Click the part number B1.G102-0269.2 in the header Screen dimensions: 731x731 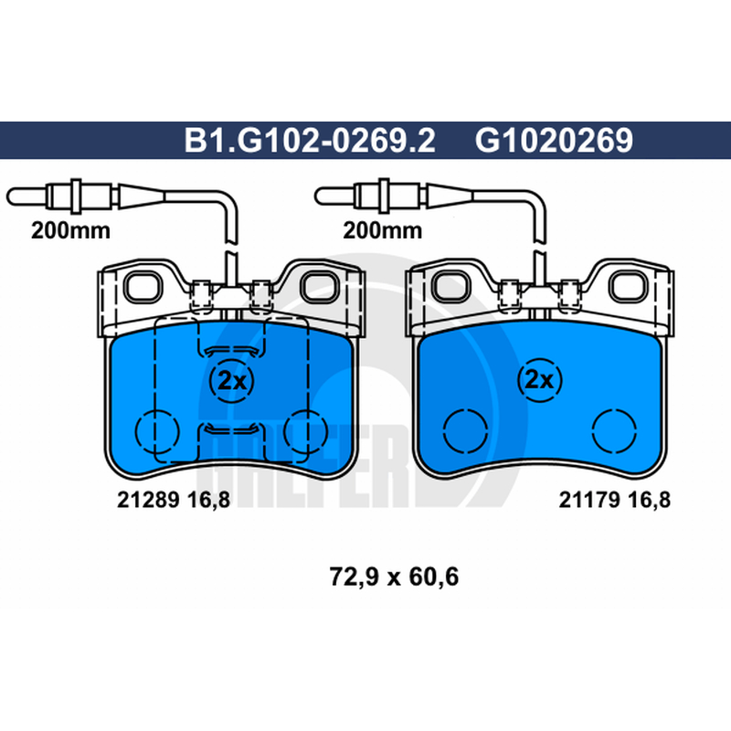[x=310, y=140]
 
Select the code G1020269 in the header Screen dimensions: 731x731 [x=554, y=140]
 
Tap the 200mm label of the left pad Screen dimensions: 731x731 [x=70, y=230]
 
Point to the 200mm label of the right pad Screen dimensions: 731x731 [x=382, y=230]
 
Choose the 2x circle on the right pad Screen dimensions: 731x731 [x=540, y=380]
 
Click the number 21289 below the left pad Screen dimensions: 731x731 [x=148, y=500]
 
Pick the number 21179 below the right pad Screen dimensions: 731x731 [x=589, y=500]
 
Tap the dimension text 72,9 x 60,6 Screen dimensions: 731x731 [x=394, y=577]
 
